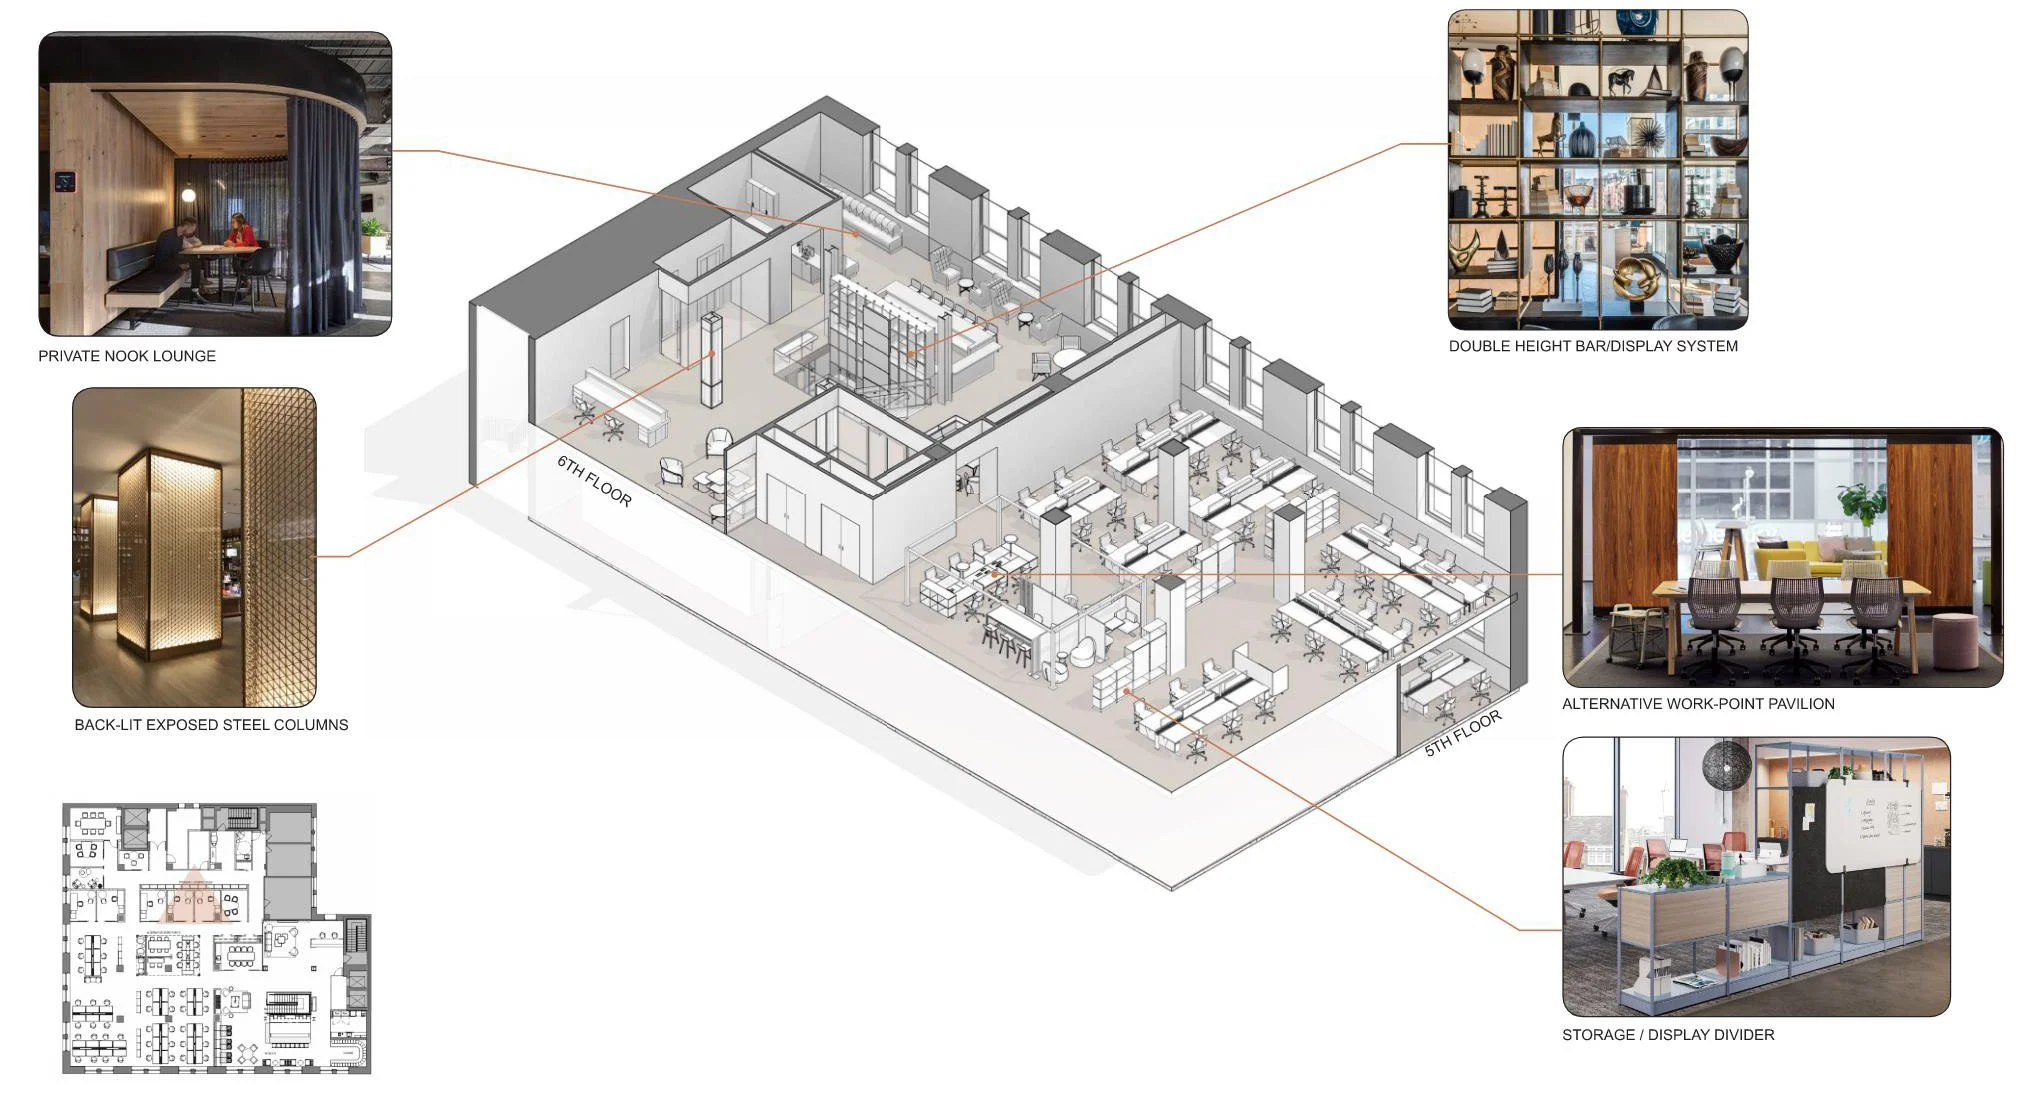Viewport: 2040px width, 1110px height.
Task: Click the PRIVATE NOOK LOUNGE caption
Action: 127,356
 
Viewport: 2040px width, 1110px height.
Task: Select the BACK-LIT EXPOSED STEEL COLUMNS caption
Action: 211,725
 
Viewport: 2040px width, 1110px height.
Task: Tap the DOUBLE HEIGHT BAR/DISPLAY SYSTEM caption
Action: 1593,346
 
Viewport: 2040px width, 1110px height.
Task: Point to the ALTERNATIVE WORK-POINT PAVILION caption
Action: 1698,704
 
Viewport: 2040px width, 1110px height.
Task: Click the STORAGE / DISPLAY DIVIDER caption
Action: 1668,1035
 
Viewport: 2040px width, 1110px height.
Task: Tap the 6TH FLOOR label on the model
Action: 594,481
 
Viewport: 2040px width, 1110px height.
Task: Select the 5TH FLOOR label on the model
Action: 1463,733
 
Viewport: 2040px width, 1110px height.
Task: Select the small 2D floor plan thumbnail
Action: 216,939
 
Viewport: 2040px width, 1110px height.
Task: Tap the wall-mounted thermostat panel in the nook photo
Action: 65,181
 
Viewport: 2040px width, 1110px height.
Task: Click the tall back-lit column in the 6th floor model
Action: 711,360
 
